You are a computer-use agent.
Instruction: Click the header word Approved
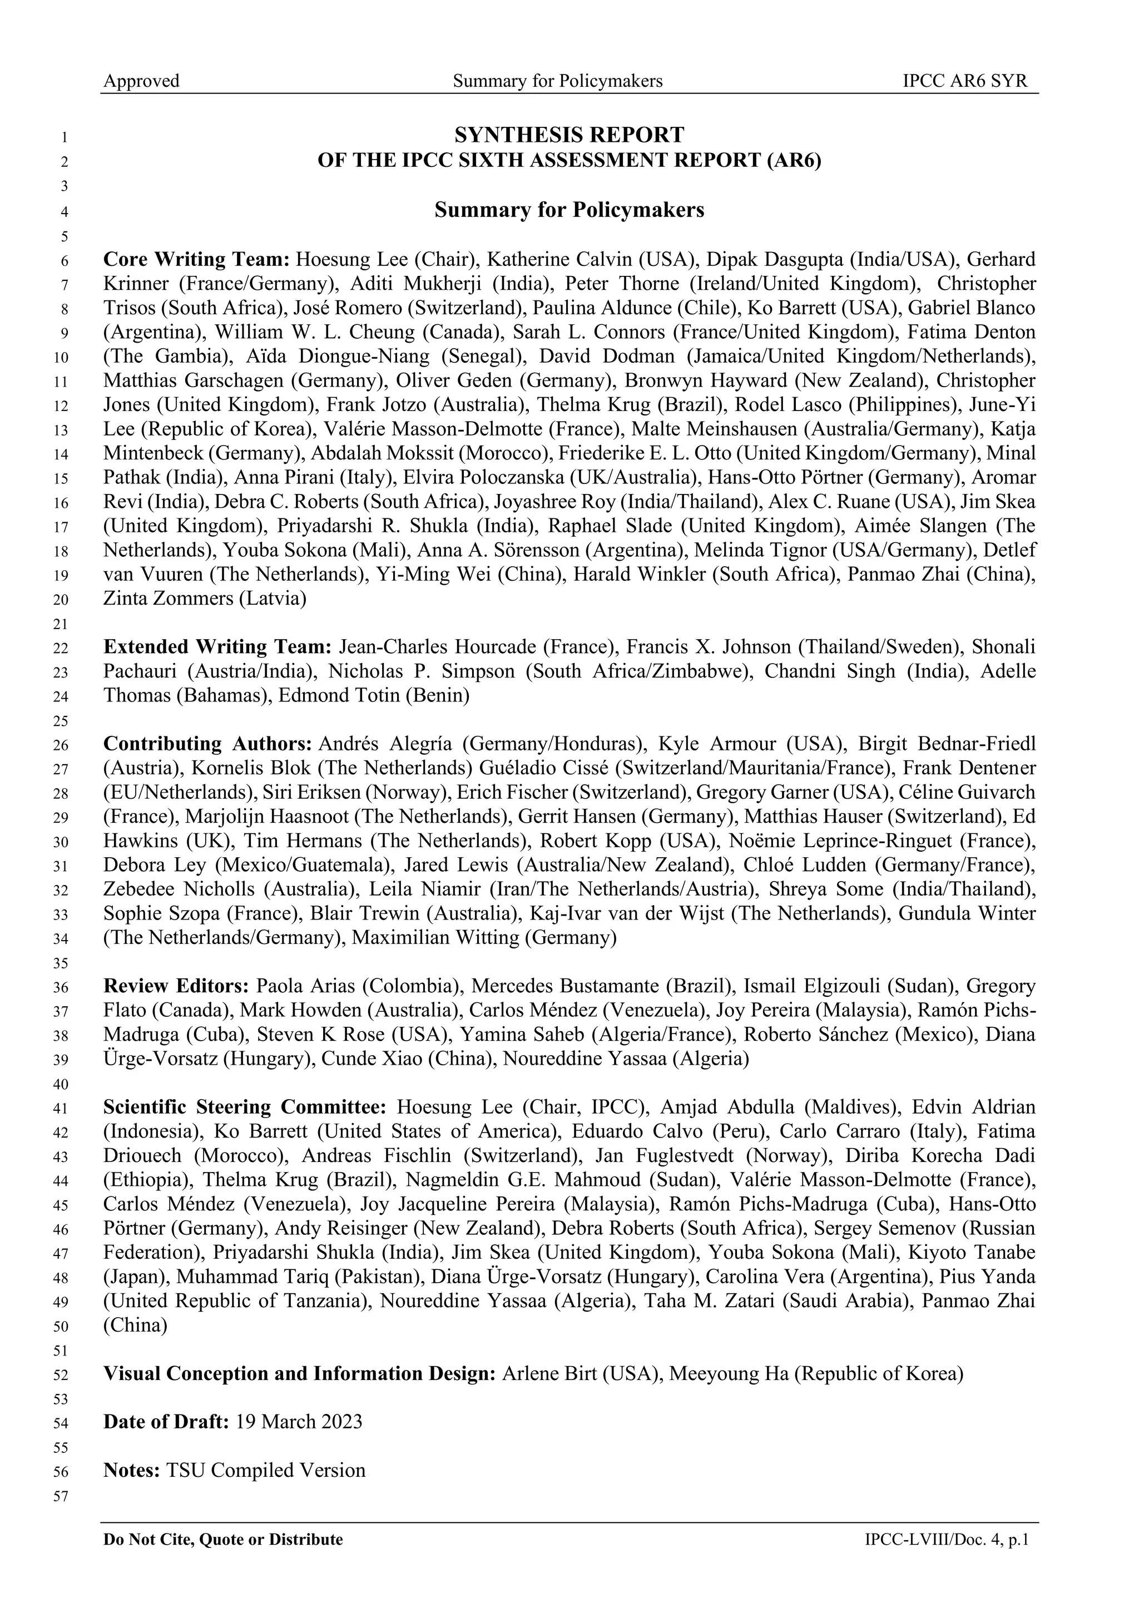(141, 81)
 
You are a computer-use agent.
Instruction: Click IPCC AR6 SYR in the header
(964, 81)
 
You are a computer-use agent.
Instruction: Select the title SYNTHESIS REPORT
(568, 134)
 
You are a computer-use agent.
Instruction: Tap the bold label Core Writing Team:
(196, 260)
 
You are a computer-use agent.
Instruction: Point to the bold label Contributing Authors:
(208, 744)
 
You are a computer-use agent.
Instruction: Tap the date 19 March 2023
(299, 1422)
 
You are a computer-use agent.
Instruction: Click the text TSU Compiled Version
(266, 1470)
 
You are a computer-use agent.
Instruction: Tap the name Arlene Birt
(549, 1373)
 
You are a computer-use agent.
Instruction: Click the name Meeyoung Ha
(729, 1373)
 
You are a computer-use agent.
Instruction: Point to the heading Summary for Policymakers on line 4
(568, 210)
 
